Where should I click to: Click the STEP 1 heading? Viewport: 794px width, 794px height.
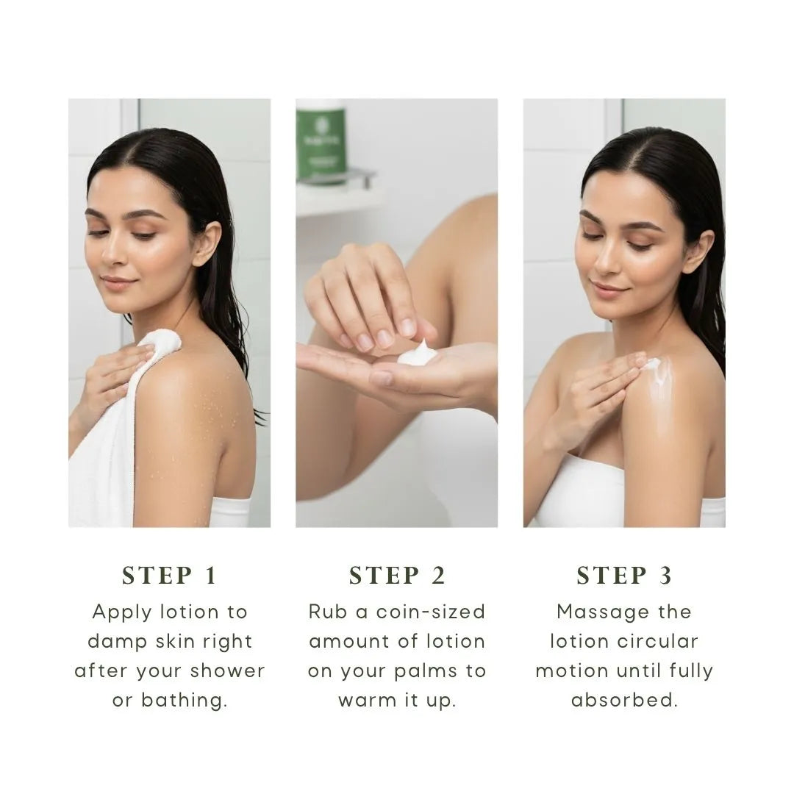(x=170, y=576)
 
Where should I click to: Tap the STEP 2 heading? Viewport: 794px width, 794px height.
(x=397, y=576)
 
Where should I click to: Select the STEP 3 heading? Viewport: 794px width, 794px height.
(x=624, y=576)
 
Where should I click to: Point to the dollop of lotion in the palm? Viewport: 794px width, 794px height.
(x=416, y=353)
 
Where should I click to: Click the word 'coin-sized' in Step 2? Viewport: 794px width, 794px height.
(x=431, y=612)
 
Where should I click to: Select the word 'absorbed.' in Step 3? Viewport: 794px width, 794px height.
(x=624, y=701)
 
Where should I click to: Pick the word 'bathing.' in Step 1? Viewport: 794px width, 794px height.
(x=185, y=701)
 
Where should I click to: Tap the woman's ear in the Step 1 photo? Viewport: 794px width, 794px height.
(x=207, y=244)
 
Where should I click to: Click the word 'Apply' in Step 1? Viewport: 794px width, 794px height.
(x=122, y=612)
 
